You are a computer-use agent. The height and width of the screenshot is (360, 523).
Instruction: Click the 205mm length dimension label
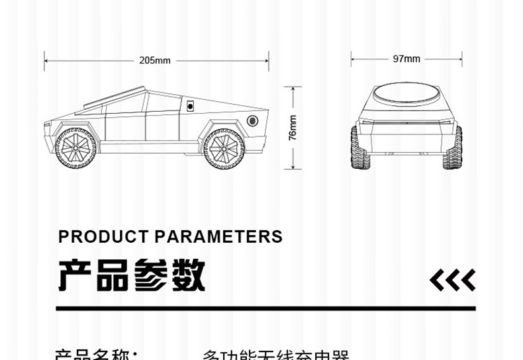tap(155, 60)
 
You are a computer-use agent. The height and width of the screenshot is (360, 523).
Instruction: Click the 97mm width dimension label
tap(406, 59)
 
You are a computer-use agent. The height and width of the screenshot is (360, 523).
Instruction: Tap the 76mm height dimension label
tap(293, 127)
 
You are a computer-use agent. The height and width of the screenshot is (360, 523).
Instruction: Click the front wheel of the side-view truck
tap(75, 148)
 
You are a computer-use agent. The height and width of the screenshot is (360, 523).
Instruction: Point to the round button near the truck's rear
tap(252, 120)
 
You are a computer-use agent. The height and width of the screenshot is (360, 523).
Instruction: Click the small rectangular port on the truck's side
tap(189, 105)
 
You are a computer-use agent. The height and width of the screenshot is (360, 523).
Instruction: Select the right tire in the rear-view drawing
tap(453, 148)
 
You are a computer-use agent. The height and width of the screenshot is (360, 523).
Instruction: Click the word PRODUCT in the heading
tap(103, 236)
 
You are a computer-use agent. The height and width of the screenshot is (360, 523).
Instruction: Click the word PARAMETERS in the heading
tap(218, 236)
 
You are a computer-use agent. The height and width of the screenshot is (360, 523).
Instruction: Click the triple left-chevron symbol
tap(452, 280)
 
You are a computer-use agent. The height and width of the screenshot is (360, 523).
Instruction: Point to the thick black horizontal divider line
tap(265, 308)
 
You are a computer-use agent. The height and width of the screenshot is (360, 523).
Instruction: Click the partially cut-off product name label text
tap(97, 355)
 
